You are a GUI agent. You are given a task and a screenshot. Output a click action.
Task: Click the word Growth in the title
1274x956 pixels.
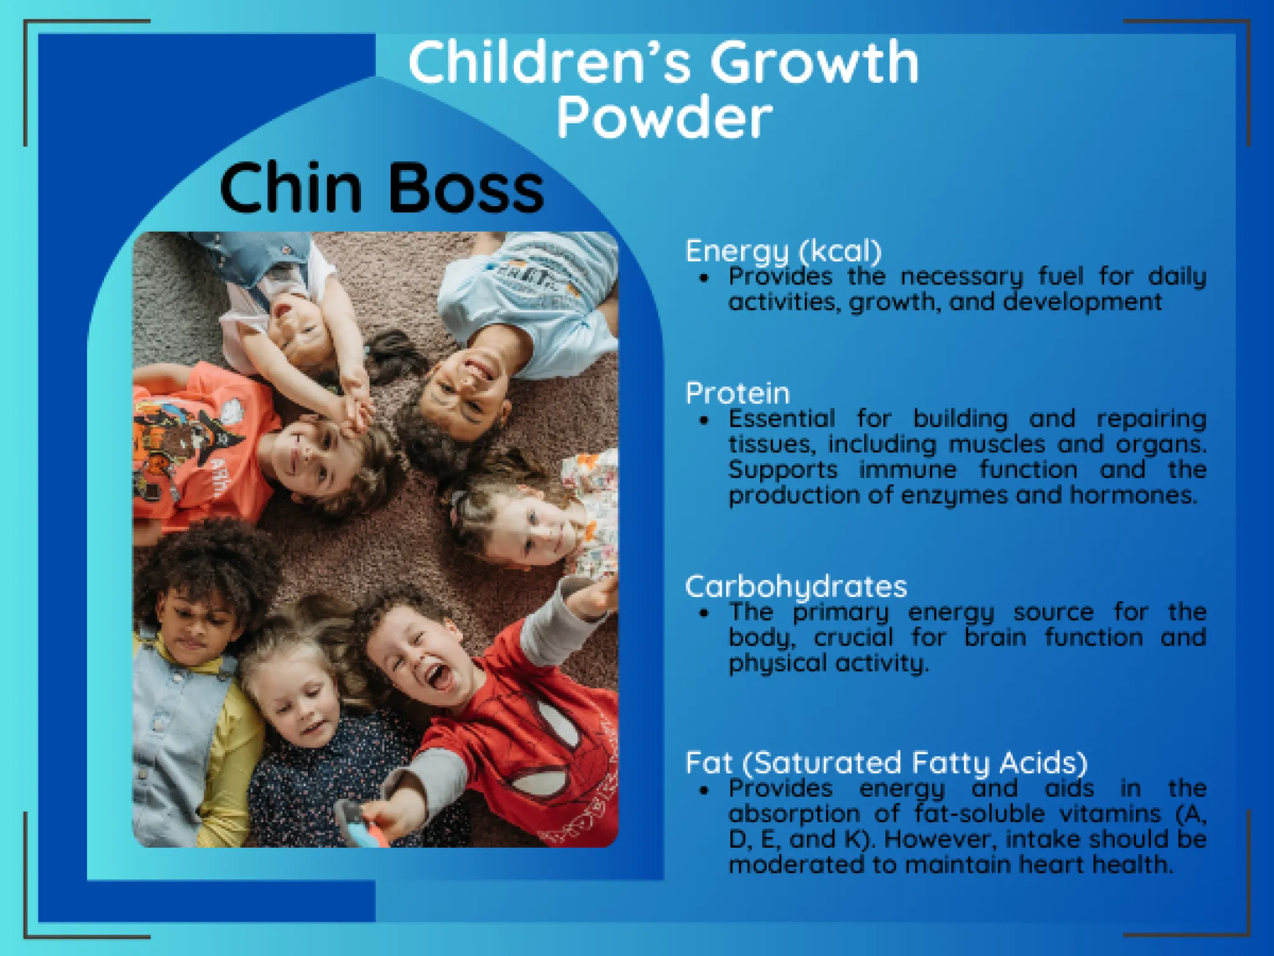814,62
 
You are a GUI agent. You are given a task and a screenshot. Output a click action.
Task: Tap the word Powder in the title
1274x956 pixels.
664,117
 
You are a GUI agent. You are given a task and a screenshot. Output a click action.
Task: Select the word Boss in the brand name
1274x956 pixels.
467,187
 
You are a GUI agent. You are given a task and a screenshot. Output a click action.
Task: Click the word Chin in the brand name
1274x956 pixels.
291,187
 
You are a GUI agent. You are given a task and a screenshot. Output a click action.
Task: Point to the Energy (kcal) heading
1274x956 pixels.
784,251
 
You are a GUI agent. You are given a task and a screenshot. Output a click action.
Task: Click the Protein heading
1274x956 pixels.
738,393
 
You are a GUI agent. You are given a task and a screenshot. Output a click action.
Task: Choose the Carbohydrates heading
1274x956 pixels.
796,587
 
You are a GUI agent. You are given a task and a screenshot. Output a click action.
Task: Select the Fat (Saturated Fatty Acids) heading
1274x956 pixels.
886,763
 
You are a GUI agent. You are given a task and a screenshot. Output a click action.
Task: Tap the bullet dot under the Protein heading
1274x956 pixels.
704,421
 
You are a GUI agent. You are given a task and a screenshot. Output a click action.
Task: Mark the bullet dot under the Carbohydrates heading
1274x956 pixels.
704,614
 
